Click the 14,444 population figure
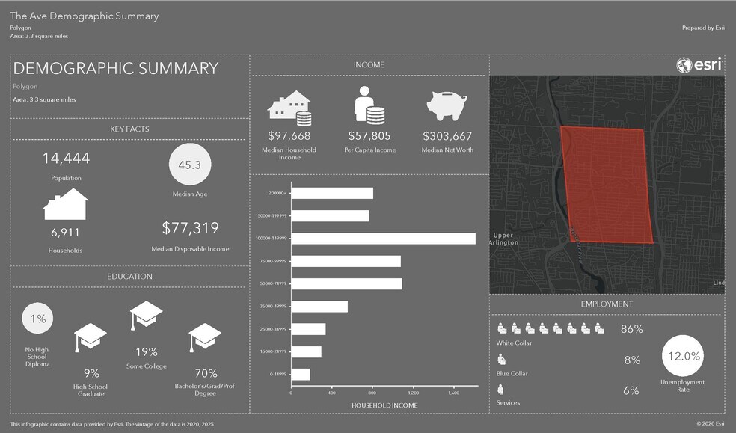pyautogui.click(x=66, y=158)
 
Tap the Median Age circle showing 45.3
pyautogui.click(x=190, y=165)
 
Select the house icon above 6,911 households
pyautogui.click(x=66, y=204)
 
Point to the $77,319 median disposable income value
pyautogui.click(x=190, y=228)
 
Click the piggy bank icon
pyautogui.click(x=447, y=106)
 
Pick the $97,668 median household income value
pyautogui.click(x=289, y=136)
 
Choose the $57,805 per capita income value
pyautogui.click(x=369, y=136)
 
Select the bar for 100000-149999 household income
pyautogui.click(x=383, y=239)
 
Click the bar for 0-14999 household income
pyautogui.click(x=301, y=375)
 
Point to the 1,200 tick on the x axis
pyautogui.click(x=413, y=392)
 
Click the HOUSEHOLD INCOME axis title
pyautogui.click(x=384, y=405)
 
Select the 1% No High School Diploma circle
pyautogui.click(x=38, y=319)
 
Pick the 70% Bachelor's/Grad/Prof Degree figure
pyautogui.click(x=206, y=373)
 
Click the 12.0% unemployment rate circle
pyautogui.click(x=682, y=356)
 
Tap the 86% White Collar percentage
pyautogui.click(x=632, y=329)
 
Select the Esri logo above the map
pyautogui.click(x=699, y=66)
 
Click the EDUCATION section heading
pyautogui.click(x=129, y=277)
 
